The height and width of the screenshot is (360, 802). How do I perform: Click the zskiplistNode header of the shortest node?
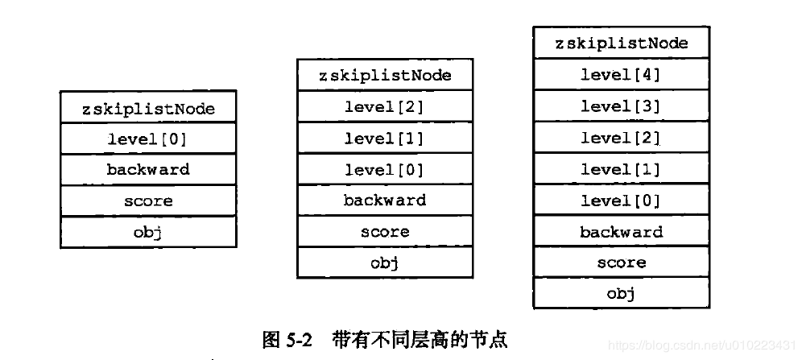[x=148, y=108]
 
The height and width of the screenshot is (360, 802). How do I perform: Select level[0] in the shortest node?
[x=148, y=139]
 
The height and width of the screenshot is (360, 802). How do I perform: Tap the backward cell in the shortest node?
[x=148, y=170]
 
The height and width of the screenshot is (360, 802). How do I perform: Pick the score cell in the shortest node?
[x=148, y=201]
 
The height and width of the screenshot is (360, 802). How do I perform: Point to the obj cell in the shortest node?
[x=148, y=232]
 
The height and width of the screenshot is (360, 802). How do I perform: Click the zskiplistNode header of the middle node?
[x=385, y=76]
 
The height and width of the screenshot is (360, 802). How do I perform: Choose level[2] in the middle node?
[x=385, y=107]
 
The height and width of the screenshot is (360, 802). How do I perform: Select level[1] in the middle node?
[x=385, y=139]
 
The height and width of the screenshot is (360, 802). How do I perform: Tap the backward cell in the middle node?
[x=385, y=201]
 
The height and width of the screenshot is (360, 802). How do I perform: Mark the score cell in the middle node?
[x=385, y=232]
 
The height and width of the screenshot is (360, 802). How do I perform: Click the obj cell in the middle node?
[x=385, y=263]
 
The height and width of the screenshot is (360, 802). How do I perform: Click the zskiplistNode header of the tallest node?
[x=621, y=43]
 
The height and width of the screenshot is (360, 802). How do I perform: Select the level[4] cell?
[x=621, y=75]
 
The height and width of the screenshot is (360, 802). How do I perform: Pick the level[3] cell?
[x=621, y=106]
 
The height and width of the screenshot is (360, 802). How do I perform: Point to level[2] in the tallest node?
[x=621, y=138]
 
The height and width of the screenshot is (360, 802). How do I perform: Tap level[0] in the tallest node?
[x=621, y=201]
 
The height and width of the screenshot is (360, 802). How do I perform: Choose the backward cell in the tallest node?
[x=621, y=232]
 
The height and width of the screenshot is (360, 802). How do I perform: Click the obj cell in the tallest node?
[x=621, y=294]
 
